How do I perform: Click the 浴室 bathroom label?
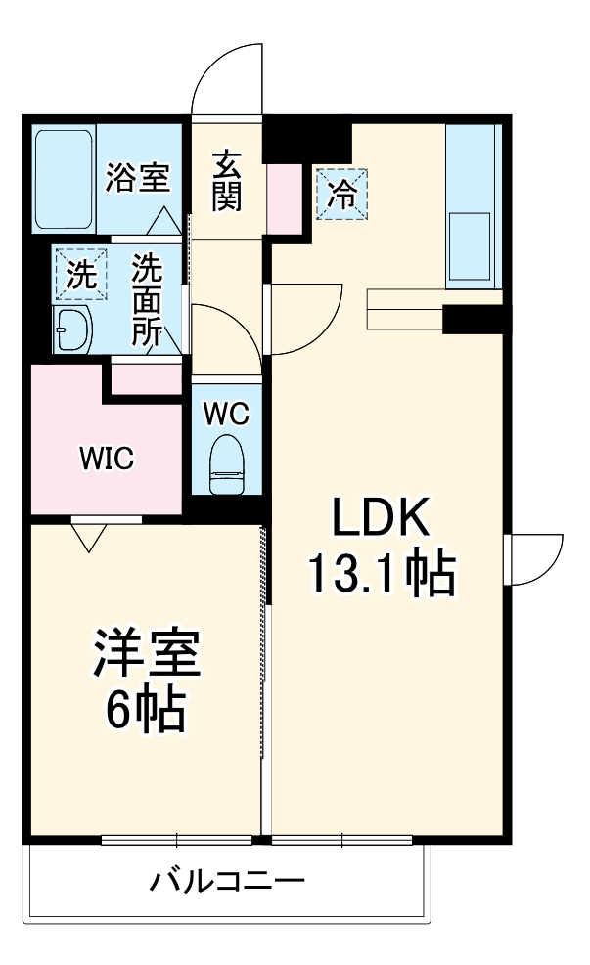(x=138, y=179)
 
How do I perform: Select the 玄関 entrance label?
(x=226, y=181)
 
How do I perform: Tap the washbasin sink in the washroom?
(x=72, y=329)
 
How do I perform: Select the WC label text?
(x=226, y=414)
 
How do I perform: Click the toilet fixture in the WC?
(x=227, y=465)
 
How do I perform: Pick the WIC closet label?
(x=107, y=459)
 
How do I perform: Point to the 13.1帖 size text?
(x=383, y=575)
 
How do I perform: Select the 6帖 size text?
(x=146, y=713)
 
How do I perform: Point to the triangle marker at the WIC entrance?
(x=89, y=536)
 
